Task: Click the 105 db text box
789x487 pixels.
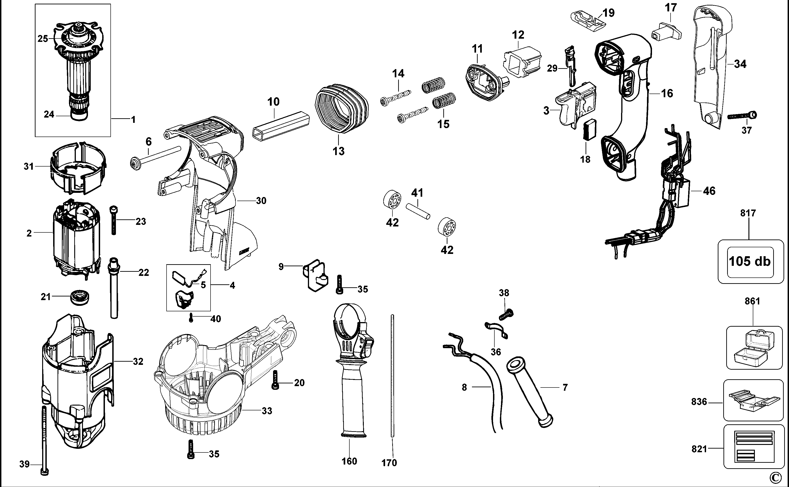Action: tap(750, 261)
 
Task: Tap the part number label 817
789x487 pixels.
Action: tap(748, 213)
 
